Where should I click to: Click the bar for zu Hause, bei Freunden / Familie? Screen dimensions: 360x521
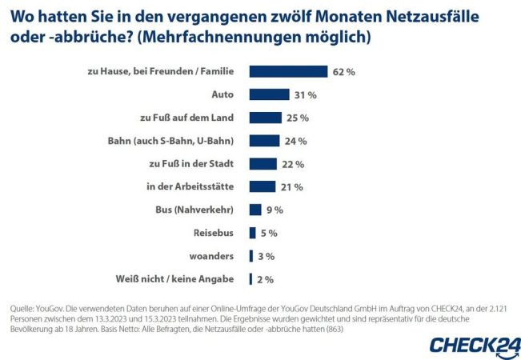pos(288,71)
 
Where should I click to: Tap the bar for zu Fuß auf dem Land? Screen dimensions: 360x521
pos(264,118)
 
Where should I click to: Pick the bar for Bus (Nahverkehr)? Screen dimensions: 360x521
pos(255,210)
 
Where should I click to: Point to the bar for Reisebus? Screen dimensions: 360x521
pos(252,233)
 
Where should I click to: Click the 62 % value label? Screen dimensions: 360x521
pos(344,71)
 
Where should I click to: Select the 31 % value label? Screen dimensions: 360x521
pos(284,94)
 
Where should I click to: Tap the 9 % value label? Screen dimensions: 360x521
pos(274,210)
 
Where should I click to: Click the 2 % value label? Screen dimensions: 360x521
pos(265,279)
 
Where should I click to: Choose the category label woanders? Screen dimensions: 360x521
pos(211,256)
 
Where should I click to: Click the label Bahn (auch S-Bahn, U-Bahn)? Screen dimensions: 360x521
pos(170,141)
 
